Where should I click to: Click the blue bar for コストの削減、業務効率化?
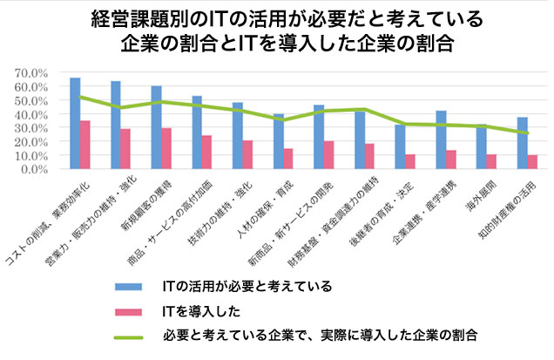pos(75,123)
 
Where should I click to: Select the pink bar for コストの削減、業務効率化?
pos(85,145)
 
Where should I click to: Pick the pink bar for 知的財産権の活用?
pos(532,161)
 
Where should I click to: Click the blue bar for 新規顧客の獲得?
pos(156,127)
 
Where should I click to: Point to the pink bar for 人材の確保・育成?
pos(288,159)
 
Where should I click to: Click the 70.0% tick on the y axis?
pos(34,73)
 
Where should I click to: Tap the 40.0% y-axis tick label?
pos(34,114)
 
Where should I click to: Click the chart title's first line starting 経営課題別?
pos(276,17)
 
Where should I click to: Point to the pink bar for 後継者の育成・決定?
pos(410,161)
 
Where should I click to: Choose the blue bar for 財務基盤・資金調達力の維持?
pos(359,140)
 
